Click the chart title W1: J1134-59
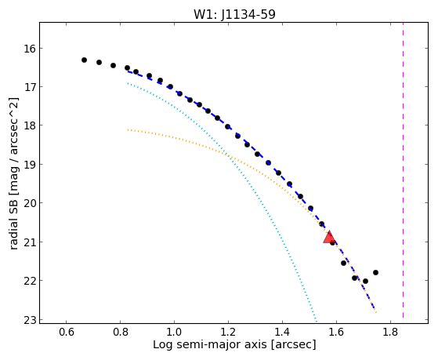[x=234, y=14]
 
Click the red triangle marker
[x=329, y=237]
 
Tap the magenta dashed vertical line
[x=403, y=170]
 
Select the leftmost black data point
[x=84, y=60]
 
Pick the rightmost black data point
[x=375, y=272]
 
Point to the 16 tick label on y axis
[x=30, y=49]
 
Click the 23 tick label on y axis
[x=30, y=320]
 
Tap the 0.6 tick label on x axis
[x=66, y=332]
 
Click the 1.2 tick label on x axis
[x=228, y=332]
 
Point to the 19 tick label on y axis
[x=30, y=165]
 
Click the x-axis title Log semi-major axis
[x=210, y=344]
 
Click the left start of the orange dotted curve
[x=128, y=129]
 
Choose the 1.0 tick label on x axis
[x=174, y=332]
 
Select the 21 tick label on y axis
[x=30, y=242]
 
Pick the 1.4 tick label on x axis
[x=282, y=332]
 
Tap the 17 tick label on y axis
[x=30, y=87]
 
